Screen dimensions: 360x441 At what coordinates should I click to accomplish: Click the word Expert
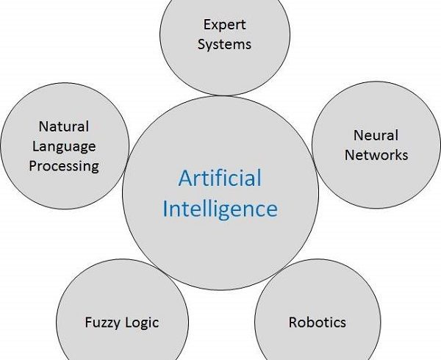(225, 25)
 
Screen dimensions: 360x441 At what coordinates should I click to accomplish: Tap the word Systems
(224, 44)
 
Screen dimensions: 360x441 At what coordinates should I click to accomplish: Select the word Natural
(63, 126)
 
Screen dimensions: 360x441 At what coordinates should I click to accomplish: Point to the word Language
(63, 146)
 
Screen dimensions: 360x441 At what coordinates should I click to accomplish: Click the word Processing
(64, 165)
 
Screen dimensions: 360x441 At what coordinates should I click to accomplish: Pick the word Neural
(376, 135)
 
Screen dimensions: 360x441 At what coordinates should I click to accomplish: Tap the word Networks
(376, 155)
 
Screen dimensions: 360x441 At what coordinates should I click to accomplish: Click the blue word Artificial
(220, 179)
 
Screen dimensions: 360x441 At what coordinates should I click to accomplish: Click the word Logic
(142, 323)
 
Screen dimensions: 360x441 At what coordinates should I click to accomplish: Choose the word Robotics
(317, 322)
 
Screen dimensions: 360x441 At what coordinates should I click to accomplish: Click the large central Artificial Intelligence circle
(220, 242)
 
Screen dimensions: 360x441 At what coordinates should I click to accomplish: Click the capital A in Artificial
(186, 179)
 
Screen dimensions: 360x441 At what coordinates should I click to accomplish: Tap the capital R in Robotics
(293, 322)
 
